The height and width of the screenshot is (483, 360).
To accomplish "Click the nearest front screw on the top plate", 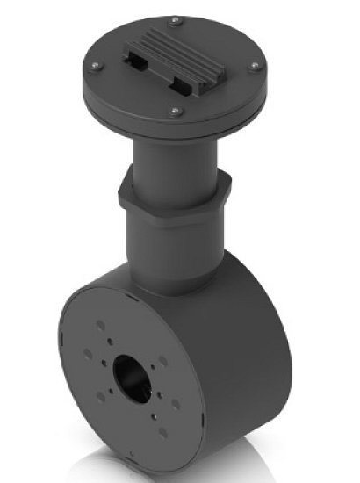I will coord(175,111).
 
